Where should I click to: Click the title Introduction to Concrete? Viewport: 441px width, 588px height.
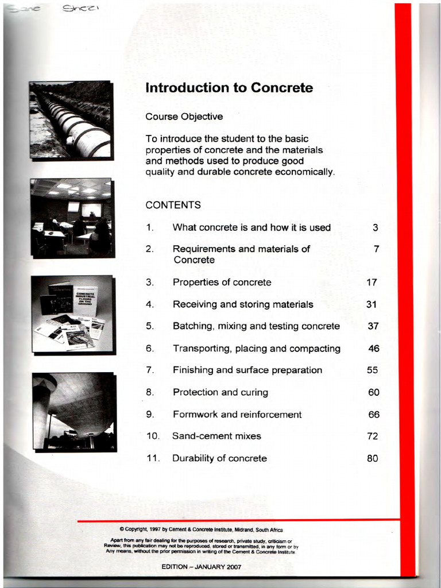(x=229, y=88)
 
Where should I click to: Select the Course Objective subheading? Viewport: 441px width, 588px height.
(x=184, y=117)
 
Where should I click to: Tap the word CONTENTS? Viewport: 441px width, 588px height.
(x=173, y=205)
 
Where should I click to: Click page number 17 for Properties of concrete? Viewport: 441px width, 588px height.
(x=372, y=283)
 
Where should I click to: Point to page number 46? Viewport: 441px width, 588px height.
(x=373, y=349)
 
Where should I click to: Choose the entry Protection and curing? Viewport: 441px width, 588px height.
(x=220, y=393)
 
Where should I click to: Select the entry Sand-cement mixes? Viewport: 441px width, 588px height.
(x=216, y=436)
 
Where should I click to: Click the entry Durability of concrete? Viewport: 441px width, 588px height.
(x=219, y=458)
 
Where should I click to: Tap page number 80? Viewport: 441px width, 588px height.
(x=372, y=458)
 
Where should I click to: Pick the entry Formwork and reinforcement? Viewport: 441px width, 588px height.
(x=237, y=415)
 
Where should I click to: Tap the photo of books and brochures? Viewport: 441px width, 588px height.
(x=73, y=315)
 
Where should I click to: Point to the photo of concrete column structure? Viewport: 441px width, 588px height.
(x=73, y=411)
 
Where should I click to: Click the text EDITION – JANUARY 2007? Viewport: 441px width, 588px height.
(x=201, y=566)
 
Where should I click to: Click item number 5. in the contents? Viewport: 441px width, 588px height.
(x=150, y=326)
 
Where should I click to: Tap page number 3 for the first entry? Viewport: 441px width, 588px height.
(x=375, y=227)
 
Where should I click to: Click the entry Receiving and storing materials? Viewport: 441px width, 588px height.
(x=243, y=304)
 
